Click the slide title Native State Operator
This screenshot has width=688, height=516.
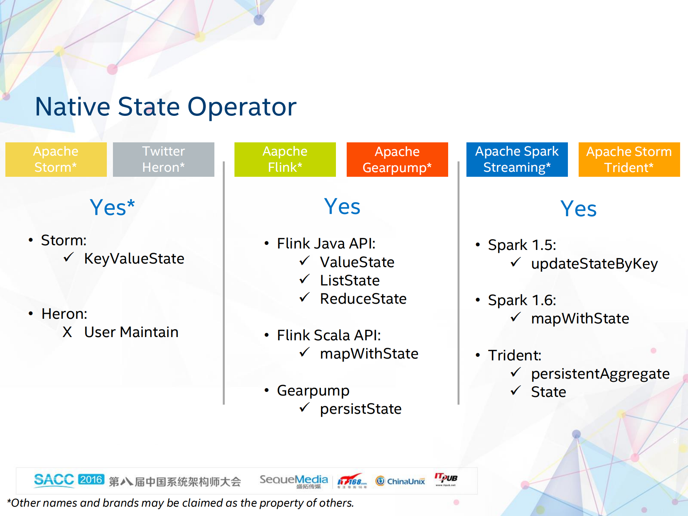coord(166,107)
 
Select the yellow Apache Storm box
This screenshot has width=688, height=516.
coord(56,160)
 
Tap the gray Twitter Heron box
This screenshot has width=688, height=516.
coord(163,160)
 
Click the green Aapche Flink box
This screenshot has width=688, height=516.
coord(285,160)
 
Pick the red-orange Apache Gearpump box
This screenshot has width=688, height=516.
coord(397,160)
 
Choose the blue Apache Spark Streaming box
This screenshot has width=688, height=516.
coord(517,160)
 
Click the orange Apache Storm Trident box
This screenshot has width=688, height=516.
coord(629,160)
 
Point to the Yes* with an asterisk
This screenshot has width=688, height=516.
coord(112,208)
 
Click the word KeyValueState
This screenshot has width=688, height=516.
coord(134,259)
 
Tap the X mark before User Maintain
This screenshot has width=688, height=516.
coord(67,332)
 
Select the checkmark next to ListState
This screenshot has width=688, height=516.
coord(304,279)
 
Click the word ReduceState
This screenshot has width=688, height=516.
coord(363,299)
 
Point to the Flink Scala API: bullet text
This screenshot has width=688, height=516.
coord(329,335)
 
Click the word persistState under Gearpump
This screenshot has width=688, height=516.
coord(361,409)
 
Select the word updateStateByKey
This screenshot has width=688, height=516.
coord(594,264)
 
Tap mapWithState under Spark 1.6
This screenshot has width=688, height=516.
coord(580,318)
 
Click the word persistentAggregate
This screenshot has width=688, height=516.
coord(600,374)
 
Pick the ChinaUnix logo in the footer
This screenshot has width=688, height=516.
coord(400,481)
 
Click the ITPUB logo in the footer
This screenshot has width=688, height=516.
coord(446,479)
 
